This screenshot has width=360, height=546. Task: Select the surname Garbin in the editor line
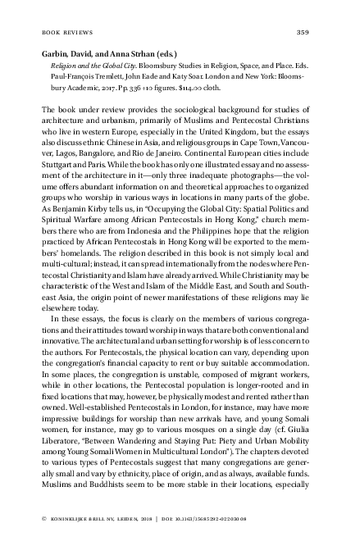pos(54,52)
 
